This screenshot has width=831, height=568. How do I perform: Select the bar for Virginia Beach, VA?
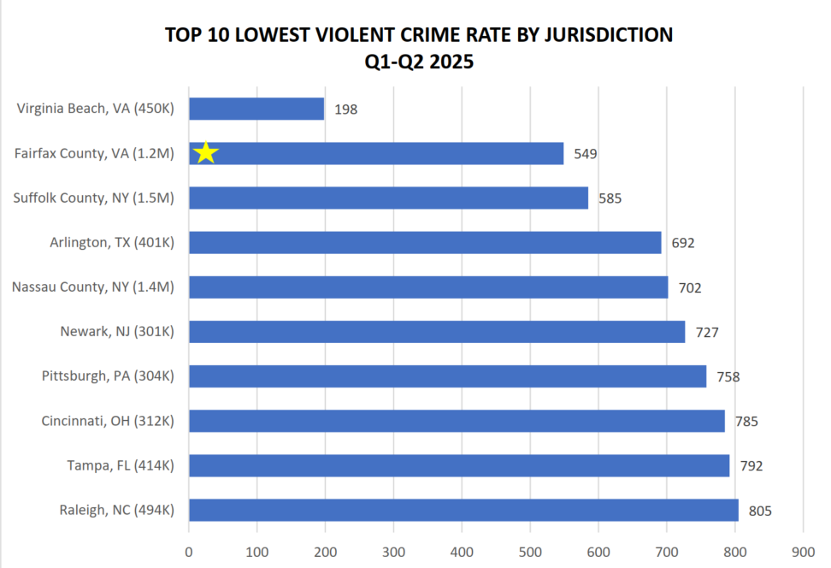pos(256,109)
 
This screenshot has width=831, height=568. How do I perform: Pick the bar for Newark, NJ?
pos(437,331)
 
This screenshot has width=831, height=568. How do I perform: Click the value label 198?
pos(346,109)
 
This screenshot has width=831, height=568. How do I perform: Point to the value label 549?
pos(586,154)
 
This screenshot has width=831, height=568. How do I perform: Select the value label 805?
pos(760,511)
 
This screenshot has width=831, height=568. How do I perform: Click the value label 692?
pos(683,243)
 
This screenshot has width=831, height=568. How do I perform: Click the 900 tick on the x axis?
pos(803,552)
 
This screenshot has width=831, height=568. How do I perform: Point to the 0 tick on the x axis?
pos(189,552)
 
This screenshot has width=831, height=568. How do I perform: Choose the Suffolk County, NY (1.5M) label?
pos(94,198)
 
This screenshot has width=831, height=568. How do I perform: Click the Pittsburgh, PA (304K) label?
pos(108,376)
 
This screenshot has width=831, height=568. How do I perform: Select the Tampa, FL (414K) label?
pos(121,465)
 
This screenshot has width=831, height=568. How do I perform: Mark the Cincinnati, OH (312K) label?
pos(108,420)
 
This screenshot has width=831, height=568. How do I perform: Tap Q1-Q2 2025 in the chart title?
pos(418,62)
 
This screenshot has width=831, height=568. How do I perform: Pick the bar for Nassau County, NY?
pos(428,287)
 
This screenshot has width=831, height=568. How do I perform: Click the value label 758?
pos(728,376)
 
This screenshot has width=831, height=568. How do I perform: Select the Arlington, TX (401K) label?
pos(112,242)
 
